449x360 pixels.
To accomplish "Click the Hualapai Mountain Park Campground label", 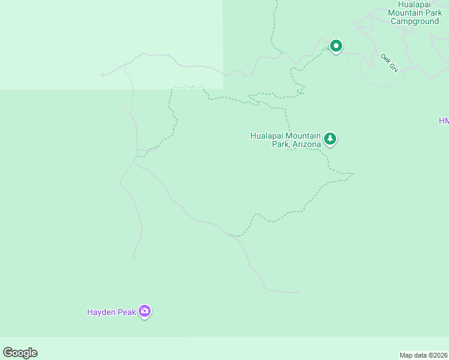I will point(415,13).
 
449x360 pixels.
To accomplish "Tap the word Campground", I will point(415,21).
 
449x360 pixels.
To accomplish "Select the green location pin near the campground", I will point(336,46).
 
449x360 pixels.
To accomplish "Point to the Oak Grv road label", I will point(389,62).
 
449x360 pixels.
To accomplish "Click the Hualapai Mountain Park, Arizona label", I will point(286,140).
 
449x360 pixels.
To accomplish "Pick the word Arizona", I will point(307,144).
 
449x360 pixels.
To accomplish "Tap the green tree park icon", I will point(330,139).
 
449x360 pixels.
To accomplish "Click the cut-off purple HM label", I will point(444,121).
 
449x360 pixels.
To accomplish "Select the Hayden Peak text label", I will point(110,311).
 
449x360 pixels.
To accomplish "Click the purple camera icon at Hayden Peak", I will point(145,311).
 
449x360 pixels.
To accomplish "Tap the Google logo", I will point(20,353).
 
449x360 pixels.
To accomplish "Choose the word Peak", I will point(126,311).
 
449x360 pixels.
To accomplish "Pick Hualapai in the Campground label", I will point(405,4).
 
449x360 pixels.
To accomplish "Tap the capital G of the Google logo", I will point(8,352).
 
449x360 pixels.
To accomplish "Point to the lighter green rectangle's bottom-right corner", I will point(223,89).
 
